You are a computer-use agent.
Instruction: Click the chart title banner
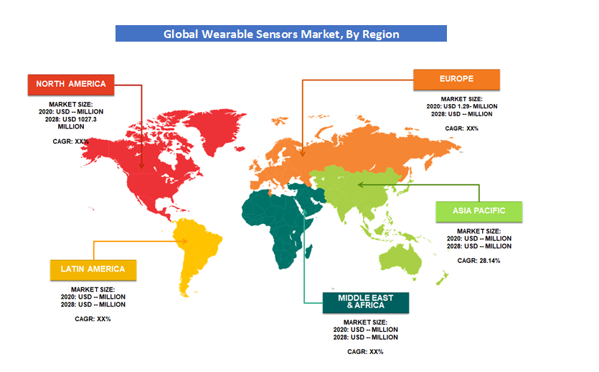click(x=280, y=34)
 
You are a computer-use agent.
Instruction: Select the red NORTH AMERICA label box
click(x=71, y=85)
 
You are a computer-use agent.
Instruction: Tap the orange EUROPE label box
click(x=456, y=80)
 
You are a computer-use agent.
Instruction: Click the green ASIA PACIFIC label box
click(x=479, y=211)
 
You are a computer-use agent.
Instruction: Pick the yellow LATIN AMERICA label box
click(x=93, y=270)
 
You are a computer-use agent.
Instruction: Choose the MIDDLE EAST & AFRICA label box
click(x=366, y=302)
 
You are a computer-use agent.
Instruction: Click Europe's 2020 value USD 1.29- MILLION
click(x=471, y=106)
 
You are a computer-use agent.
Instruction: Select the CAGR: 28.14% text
click(x=478, y=261)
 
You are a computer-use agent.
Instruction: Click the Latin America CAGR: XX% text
click(x=93, y=319)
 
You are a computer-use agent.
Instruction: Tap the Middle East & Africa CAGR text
click(x=365, y=352)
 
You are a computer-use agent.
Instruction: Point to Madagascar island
click(x=308, y=252)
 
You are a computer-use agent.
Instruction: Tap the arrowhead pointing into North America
click(x=141, y=166)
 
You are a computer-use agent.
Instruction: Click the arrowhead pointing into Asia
click(x=360, y=185)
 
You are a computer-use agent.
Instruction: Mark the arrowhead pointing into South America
click(x=185, y=241)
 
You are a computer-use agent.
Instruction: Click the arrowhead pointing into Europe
click(x=302, y=154)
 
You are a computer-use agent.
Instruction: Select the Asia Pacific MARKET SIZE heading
click(x=478, y=231)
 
